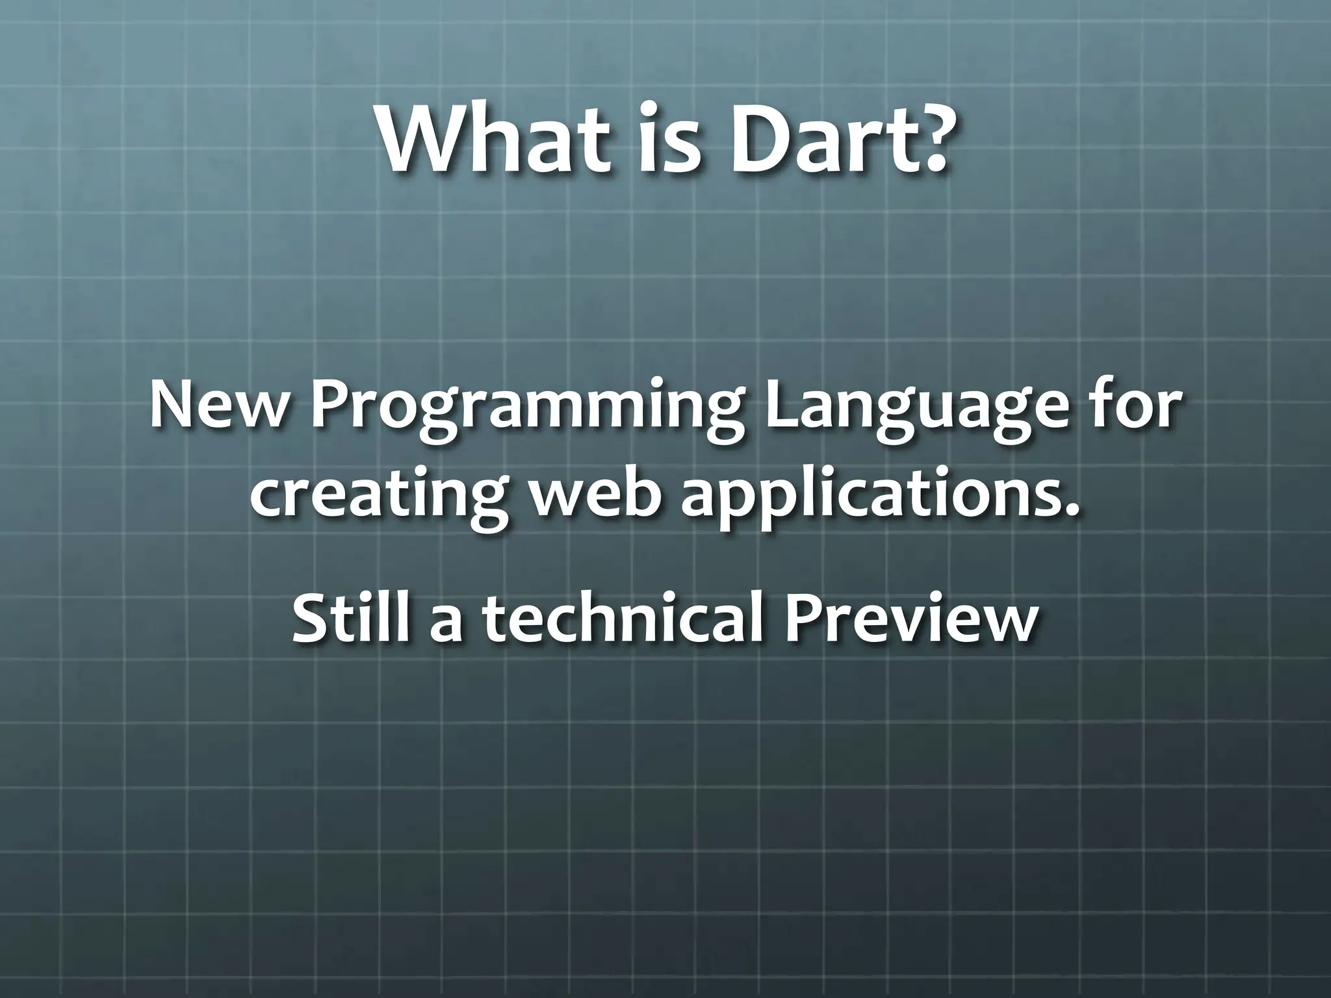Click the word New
tap(218, 406)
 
